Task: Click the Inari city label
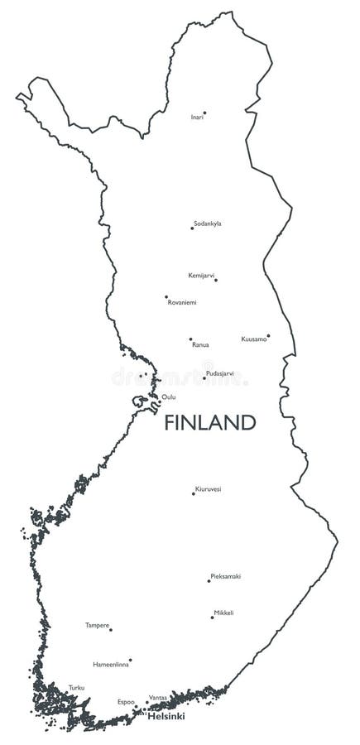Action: pos(197,118)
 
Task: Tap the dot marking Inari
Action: pos(204,113)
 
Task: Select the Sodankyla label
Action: pos(208,223)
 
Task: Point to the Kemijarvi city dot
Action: pos(216,280)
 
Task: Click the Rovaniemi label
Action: pos(182,303)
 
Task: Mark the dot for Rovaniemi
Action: pos(166,296)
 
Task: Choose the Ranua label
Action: pos(200,344)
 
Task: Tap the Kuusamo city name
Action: pos(253,339)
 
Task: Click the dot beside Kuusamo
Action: pos(268,335)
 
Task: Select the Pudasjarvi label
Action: pos(219,373)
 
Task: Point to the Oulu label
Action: pos(169,397)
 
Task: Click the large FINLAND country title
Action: pos(209,423)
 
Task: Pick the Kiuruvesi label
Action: pos(208,489)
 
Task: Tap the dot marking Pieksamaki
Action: pos(209,580)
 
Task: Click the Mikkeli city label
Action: pos(223,613)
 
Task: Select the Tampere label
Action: pos(97,625)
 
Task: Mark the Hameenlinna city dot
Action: pos(130,660)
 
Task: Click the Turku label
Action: pos(76,688)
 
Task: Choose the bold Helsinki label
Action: pos(166,716)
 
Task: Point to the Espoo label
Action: pos(126,702)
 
